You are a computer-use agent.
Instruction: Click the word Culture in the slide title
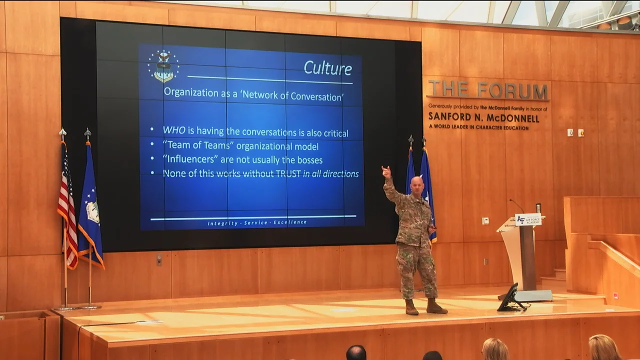327,68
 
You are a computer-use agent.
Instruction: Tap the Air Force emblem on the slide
163,66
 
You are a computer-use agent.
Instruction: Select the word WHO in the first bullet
174,131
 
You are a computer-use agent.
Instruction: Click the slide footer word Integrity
223,223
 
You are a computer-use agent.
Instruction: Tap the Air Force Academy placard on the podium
527,219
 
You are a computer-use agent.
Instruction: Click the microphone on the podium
516,205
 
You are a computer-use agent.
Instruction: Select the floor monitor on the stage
510,297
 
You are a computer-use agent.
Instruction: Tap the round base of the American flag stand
65,307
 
